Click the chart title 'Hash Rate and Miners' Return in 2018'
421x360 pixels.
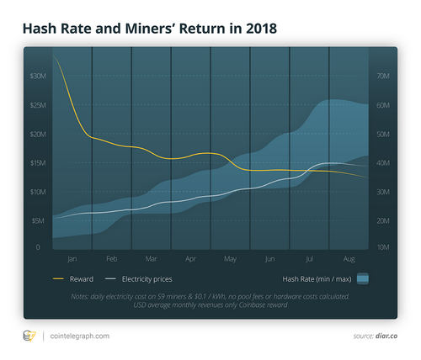[148, 28]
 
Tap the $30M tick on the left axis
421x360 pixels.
[38, 76]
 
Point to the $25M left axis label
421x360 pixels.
[38, 105]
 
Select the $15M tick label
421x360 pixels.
[38, 162]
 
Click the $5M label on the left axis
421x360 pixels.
[38, 220]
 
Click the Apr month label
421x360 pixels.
[190, 259]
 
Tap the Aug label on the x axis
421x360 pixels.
[349, 259]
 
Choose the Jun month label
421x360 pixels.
[269, 259]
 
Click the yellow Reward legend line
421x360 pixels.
[58, 278]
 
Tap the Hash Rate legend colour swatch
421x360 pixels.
[363, 278]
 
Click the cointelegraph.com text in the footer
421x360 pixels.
[79, 336]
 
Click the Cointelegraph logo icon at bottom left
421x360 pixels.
[28, 336]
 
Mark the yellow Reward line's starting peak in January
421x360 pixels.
[54, 56]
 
